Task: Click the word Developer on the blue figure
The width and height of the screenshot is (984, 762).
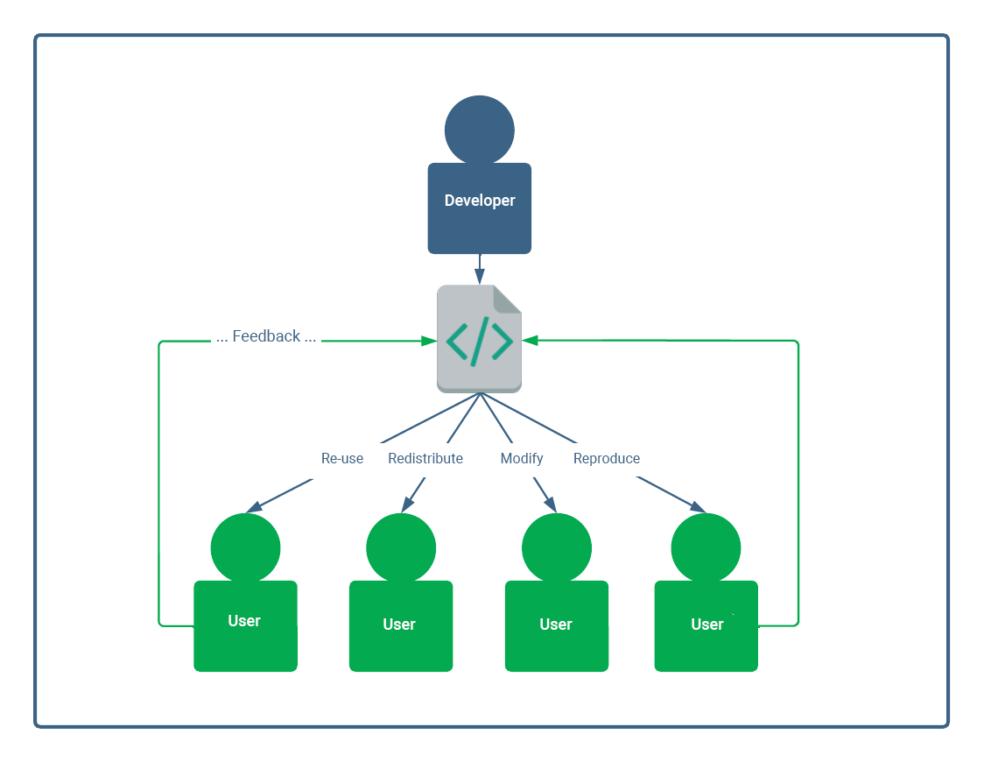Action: [480, 201]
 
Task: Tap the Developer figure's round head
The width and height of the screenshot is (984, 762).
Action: [479, 131]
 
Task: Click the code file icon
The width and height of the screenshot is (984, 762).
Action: [479, 339]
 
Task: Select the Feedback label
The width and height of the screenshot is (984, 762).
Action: [266, 336]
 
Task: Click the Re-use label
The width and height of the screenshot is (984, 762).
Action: [342, 458]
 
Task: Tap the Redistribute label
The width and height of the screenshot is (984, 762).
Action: [425, 458]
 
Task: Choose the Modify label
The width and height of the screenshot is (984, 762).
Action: [522, 458]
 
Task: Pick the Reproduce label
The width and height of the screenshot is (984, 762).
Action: [607, 458]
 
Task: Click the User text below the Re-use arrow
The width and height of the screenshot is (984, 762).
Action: [244, 621]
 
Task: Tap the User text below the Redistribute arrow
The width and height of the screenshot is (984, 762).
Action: [399, 624]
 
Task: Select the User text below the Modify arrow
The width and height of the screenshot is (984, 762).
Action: [556, 624]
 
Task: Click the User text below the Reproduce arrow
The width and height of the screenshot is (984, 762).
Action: [707, 624]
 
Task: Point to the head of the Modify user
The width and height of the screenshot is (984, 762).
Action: [557, 547]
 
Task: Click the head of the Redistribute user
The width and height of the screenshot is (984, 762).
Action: [401, 547]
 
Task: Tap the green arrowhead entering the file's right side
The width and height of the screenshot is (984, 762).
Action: [530, 341]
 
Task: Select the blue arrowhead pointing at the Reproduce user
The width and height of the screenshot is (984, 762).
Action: [699, 508]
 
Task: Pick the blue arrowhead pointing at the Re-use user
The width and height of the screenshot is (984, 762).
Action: [253, 507]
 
